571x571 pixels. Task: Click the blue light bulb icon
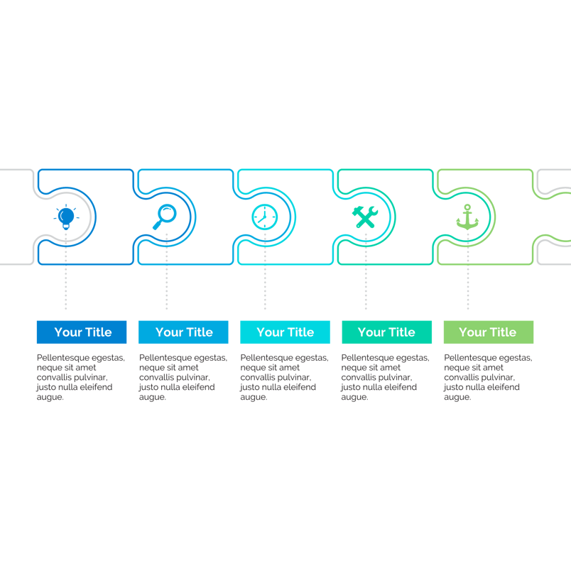[x=66, y=217]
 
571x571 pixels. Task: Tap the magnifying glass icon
[x=165, y=217]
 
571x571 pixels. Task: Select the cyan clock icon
[x=265, y=217]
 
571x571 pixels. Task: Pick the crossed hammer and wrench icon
[x=365, y=217]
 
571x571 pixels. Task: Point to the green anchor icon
[x=467, y=217]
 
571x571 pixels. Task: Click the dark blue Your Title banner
[x=82, y=332]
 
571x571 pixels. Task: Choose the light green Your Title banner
[x=489, y=332]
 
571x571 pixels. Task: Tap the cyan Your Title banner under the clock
[x=285, y=332]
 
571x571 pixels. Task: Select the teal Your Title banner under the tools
[x=387, y=332]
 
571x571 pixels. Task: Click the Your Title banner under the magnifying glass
[x=183, y=332]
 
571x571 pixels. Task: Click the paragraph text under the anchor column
[x=488, y=377]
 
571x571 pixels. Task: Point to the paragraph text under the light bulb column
[x=80, y=377]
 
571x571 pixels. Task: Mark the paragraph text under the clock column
[x=284, y=377]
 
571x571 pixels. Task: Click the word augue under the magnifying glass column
[x=152, y=397]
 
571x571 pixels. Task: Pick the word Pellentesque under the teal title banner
[x=365, y=358]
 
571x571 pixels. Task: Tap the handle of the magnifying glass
[x=157, y=225]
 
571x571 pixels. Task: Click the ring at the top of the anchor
[x=467, y=207]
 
